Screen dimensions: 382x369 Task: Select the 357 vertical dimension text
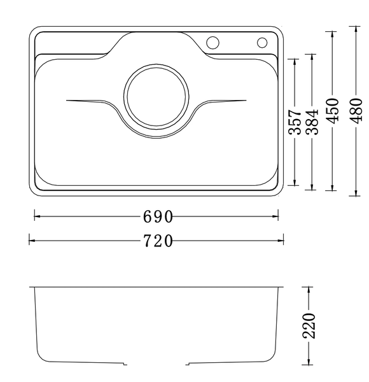(x=295, y=122)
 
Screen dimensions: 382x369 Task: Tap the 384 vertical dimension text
(x=311, y=122)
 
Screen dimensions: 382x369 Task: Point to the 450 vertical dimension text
(x=331, y=111)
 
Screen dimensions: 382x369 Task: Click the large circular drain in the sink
(x=157, y=99)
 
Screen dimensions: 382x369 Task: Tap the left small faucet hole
(x=213, y=43)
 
